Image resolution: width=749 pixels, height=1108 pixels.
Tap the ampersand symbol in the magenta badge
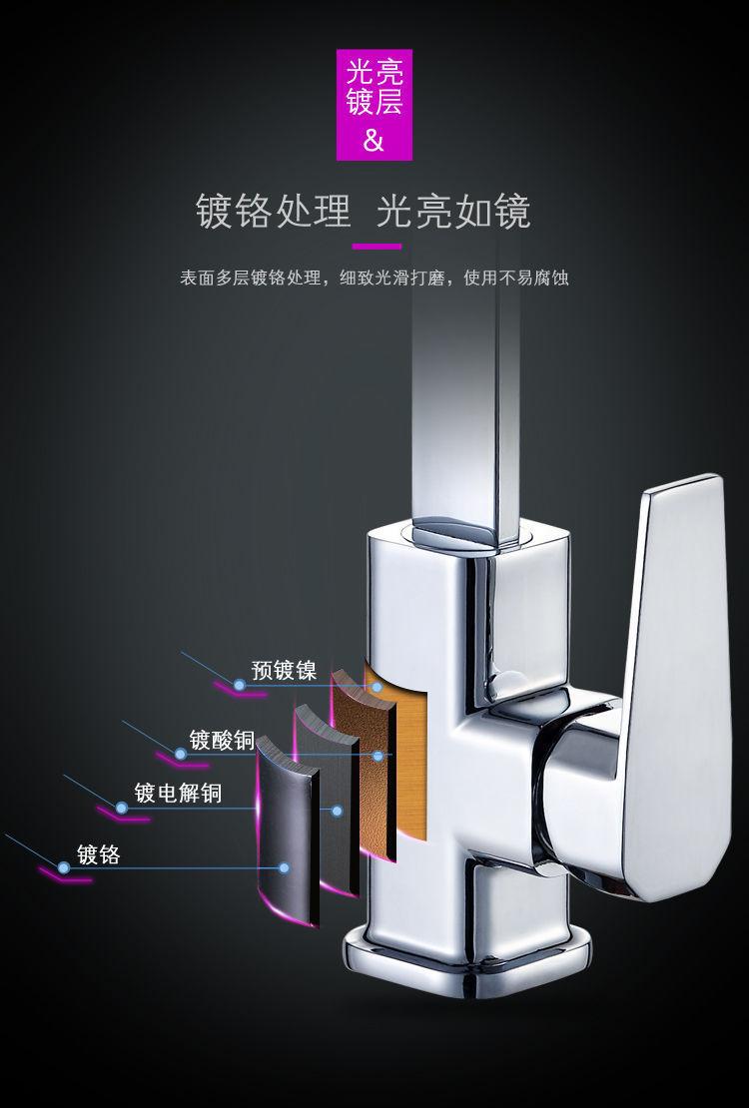point(374,140)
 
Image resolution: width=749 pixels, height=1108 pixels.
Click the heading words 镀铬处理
point(274,212)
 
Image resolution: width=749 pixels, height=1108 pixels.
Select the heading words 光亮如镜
point(453,212)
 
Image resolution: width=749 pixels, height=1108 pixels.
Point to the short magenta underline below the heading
point(376,247)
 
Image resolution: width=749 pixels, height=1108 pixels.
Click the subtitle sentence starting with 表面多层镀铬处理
point(374,278)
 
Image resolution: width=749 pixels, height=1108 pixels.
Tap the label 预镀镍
point(284,670)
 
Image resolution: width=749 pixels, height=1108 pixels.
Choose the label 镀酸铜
point(221,741)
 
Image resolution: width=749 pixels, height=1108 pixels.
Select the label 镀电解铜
point(178,794)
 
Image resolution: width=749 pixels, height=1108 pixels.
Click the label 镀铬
point(98,854)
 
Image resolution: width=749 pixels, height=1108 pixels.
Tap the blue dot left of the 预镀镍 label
point(239,685)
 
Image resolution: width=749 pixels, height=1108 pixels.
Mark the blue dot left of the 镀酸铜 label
point(181,754)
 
